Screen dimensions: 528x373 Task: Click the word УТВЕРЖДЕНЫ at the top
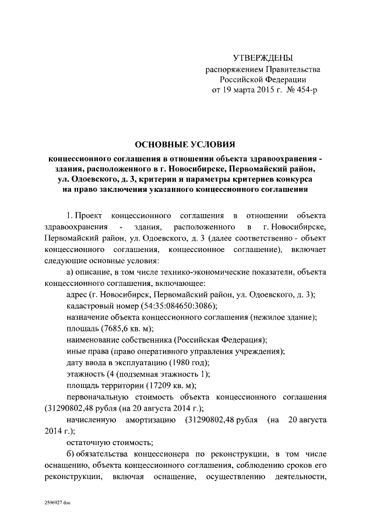pyautogui.click(x=263, y=58)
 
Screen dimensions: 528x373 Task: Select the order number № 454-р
pyautogui.click(x=300, y=90)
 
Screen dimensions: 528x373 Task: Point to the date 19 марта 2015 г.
pyautogui.click(x=249, y=90)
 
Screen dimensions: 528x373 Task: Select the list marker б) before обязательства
pyautogui.click(x=72, y=453)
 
